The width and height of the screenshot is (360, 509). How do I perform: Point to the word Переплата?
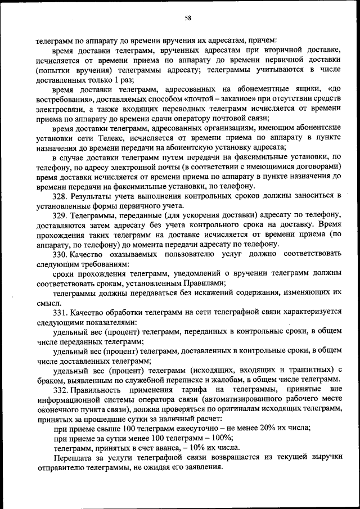(73, 458)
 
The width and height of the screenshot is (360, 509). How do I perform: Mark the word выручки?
(322, 458)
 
